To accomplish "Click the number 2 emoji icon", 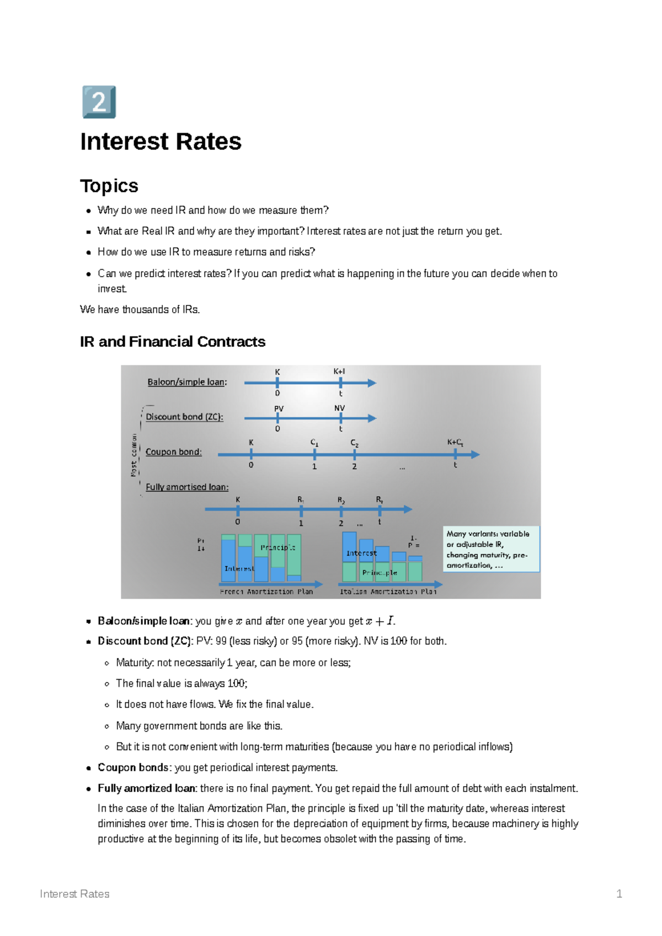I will [x=99, y=102].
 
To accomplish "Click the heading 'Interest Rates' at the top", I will [x=161, y=142].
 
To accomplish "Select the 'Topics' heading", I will [x=109, y=186].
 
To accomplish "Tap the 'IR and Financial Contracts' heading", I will [x=172, y=342].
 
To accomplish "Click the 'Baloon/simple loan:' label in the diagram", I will [x=187, y=382].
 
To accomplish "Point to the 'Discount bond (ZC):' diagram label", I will [x=184, y=417].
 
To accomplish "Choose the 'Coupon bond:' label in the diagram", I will [x=174, y=452].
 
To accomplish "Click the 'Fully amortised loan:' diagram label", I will [x=187, y=487].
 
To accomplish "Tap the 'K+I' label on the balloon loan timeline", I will [x=339, y=372].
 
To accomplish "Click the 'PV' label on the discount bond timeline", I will [x=279, y=408].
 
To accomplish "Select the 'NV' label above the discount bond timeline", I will [x=339, y=408].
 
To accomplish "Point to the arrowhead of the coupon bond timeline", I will [x=476, y=454].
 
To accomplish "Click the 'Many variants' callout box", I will [x=491, y=549].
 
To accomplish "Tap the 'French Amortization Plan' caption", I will [x=266, y=591].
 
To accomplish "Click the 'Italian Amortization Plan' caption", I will [x=388, y=591].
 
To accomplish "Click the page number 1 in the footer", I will [x=619, y=894].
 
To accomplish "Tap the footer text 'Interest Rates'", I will [x=74, y=894].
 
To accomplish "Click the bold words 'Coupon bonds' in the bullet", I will [x=133, y=767].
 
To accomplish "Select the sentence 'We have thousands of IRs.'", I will [x=140, y=309].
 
